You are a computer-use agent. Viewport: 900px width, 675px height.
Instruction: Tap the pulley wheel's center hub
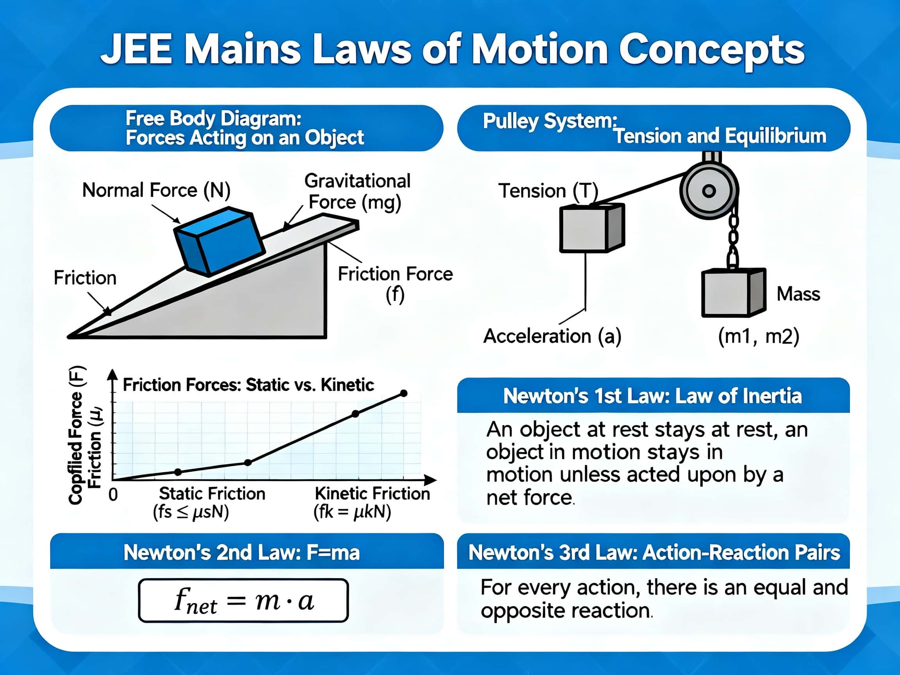point(709,190)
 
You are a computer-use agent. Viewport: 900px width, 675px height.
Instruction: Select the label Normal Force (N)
point(156,190)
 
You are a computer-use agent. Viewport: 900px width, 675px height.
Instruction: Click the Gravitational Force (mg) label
point(357,191)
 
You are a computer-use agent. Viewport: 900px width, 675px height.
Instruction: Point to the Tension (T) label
point(548,191)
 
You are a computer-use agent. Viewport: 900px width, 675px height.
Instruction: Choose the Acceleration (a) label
point(552,336)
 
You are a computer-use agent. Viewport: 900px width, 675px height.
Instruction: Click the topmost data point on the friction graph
point(404,393)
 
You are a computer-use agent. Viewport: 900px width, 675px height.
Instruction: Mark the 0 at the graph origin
point(113,495)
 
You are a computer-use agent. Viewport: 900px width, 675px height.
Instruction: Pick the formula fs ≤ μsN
point(191,512)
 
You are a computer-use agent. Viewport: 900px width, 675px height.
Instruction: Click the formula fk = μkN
point(352,512)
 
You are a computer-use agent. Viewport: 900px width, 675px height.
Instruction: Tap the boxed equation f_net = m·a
point(243,600)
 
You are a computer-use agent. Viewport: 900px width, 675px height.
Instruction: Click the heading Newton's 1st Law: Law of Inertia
point(653,396)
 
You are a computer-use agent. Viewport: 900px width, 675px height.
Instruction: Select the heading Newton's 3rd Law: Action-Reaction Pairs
point(654,552)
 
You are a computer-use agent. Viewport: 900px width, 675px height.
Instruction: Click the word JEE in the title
point(136,49)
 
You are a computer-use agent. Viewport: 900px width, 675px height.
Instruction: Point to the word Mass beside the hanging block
point(798,294)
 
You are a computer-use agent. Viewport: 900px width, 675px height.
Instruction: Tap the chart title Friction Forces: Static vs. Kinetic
point(248,385)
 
